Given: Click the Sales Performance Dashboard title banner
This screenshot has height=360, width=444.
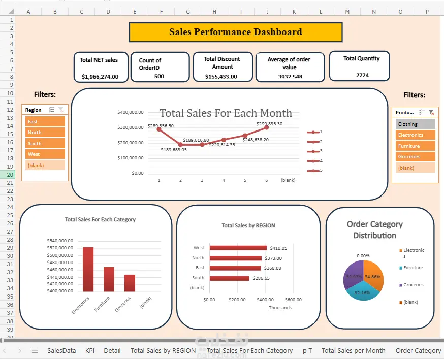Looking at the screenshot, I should point(235,32).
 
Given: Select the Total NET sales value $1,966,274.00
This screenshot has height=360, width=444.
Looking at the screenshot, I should point(100,77).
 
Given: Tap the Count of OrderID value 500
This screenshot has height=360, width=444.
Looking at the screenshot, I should point(159,76).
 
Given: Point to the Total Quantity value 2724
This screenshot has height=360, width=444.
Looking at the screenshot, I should point(362,75).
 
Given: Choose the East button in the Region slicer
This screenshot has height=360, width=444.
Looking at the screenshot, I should point(45,122).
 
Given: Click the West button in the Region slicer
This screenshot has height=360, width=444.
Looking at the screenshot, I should point(45,154).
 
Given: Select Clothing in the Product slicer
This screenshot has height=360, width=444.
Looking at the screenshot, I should point(416,124).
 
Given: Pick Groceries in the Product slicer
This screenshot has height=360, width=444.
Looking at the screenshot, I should point(416,157).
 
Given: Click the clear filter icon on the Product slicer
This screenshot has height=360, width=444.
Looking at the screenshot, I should point(431,112).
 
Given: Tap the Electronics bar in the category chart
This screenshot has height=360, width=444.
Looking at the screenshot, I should point(88,269).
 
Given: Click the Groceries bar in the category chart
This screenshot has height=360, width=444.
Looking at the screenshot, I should point(130,283).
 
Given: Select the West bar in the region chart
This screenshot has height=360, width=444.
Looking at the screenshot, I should point(238,248).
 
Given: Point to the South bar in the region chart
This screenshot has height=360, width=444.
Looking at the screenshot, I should point(229,278).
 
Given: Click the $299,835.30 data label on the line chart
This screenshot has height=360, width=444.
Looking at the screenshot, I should point(269,123).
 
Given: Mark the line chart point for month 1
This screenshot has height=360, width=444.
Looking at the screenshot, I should point(159,129).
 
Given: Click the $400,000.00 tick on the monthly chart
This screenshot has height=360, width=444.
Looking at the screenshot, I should point(130,112).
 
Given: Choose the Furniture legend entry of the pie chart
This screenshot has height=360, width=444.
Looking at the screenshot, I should point(413,268).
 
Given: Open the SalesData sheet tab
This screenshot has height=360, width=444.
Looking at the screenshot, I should point(61,350).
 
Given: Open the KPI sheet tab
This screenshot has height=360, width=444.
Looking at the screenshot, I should point(90,350).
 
